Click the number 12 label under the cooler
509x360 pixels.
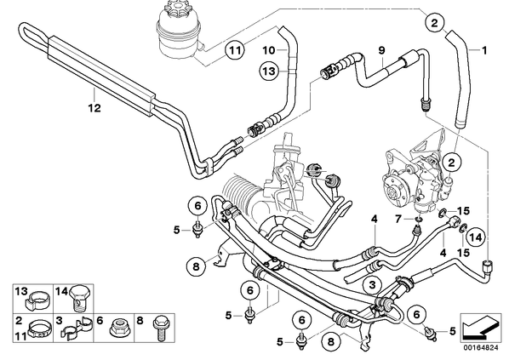(x=94, y=107)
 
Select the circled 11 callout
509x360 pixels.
(x=236, y=50)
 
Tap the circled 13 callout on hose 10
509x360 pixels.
(x=270, y=71)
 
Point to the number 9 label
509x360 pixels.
(x=381, y=50)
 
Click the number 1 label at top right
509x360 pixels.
(x=483, y=50)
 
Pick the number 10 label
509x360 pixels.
(x=269, y=50)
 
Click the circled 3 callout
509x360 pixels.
(x=372, y=285)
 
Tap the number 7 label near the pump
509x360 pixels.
(x=398, y=220)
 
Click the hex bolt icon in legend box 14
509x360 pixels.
(x=78, y=298)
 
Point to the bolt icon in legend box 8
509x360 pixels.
(x=159, y=329)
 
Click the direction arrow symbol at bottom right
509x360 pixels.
(x=479, y=327)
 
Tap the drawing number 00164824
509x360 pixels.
(x=480, y=348)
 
